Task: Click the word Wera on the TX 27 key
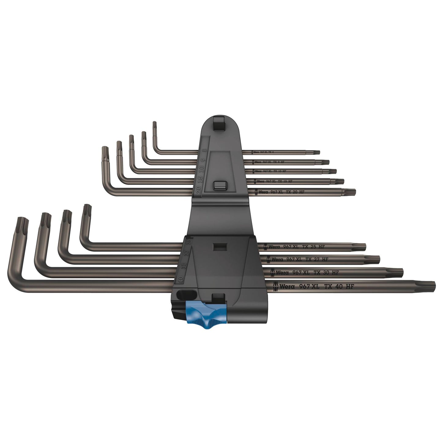277,259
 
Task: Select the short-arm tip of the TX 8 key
154,124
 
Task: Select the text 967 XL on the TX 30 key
303,272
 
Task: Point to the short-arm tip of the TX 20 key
105,151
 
